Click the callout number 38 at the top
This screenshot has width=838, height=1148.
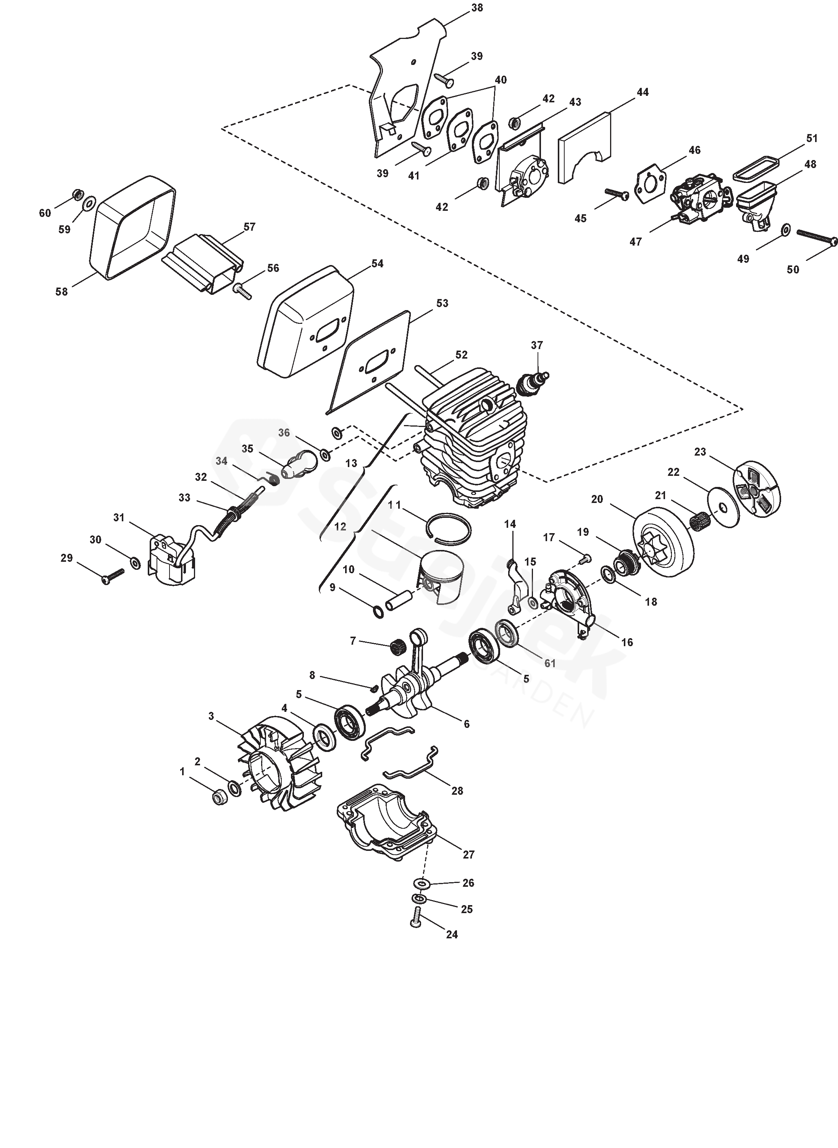click(x=477, y=8)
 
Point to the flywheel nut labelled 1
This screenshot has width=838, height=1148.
click(x=219, y=798)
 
